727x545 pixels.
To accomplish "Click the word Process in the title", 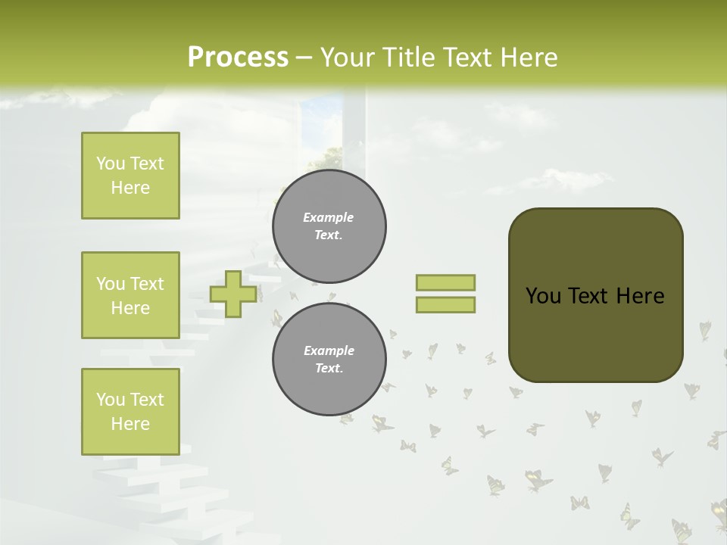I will (x=238, y=58).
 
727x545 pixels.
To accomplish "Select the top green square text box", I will (x=130, y=176).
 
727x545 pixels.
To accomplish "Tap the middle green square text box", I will (x=130, y=295).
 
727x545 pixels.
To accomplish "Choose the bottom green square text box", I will (x=130, y=412).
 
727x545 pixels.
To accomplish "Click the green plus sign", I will (x=232, y=294).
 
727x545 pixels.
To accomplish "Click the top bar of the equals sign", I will (x=445, y=282).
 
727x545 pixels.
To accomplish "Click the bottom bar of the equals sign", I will (x=445, y=305).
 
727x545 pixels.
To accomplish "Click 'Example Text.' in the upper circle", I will (x=329, y=226).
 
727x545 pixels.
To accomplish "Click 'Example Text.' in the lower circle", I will (x=329, y=360).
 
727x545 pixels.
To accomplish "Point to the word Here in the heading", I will (x=527, y=58).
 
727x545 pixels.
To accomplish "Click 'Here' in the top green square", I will (x=130, y=188).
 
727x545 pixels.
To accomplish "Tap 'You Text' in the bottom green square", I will (x=130, y=400).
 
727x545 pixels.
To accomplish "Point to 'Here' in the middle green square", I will (x=130, y=308).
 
